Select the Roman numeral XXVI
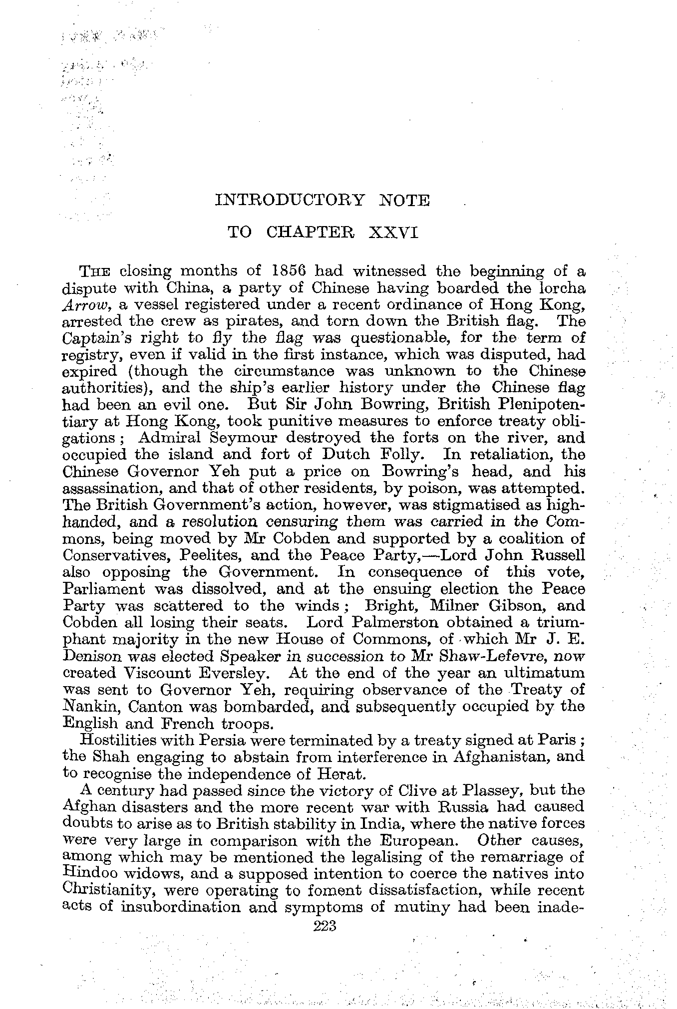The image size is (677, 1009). (392, 233)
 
